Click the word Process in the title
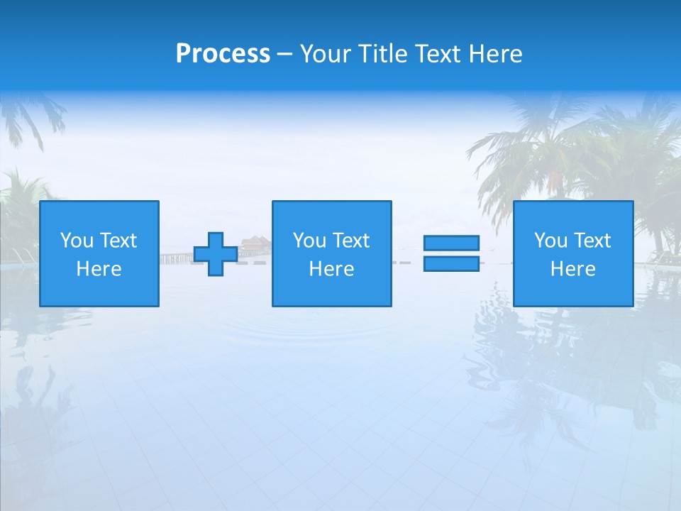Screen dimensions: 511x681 tap(223, 54)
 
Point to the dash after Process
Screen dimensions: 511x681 tap(284, 55)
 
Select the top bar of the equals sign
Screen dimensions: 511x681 tap(451, 243)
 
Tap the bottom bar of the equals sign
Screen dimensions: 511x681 tap(451, 264)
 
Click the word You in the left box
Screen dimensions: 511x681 tap(77, 241)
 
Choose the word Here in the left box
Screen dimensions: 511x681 tap(99, 269)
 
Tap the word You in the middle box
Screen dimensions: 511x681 tap(309, 241)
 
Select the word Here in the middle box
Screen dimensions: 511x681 tap(331, 269)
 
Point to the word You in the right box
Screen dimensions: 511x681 tap(550, 241)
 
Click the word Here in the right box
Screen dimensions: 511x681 tap(572, 269)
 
